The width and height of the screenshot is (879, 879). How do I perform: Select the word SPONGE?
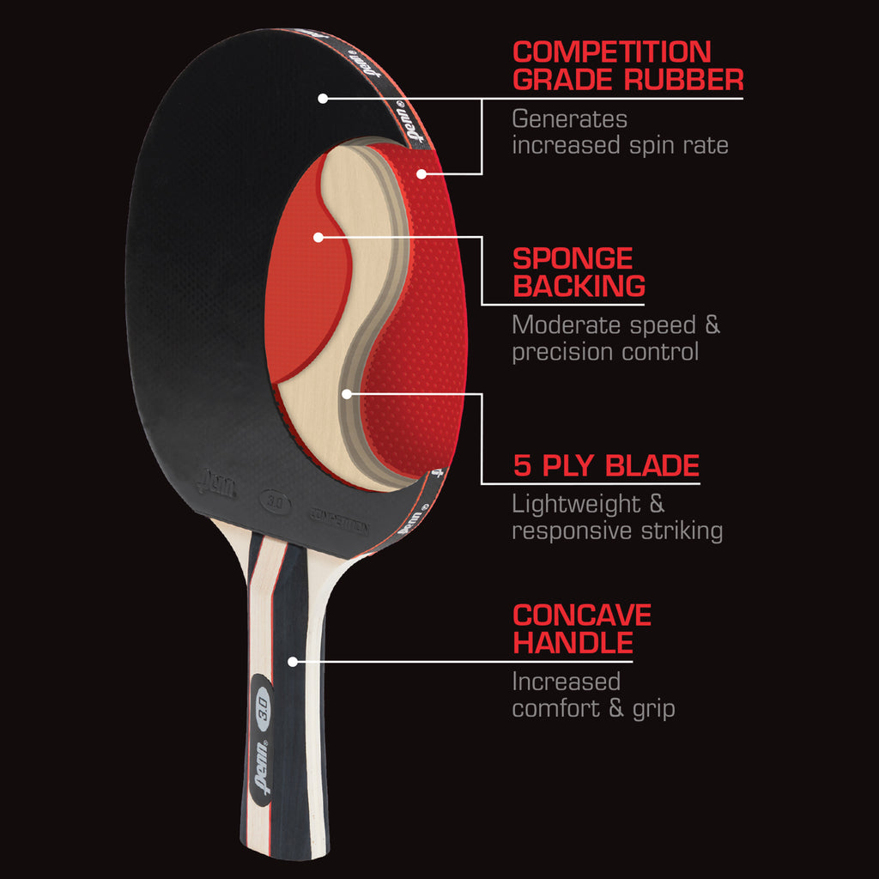coord(573,258)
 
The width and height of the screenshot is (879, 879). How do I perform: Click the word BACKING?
coord(579,286)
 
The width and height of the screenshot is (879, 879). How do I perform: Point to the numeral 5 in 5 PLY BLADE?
coord(522,466)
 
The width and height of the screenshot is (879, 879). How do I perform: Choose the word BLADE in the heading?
coord(652,466)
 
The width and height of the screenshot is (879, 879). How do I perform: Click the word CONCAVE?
coord(582,615)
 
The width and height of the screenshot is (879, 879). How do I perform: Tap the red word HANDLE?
coord(573,642)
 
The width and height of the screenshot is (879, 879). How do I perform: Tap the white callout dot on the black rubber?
coord(323,99)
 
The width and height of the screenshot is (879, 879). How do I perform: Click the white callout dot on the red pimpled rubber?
coord(421,173)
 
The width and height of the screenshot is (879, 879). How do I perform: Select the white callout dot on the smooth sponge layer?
coord(317,236)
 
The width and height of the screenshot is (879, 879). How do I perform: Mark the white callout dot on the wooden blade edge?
coord(347,394)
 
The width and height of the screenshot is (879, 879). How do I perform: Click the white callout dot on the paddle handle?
coord(293,662)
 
